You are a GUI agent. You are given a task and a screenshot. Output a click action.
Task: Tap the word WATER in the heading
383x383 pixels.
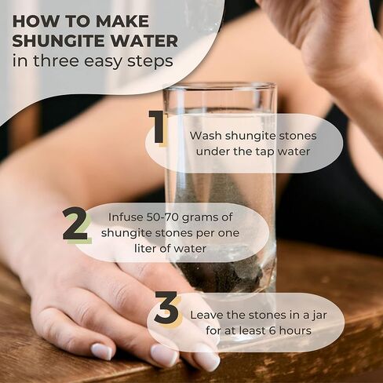139,41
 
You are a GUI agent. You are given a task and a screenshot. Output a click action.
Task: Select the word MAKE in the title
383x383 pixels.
122,21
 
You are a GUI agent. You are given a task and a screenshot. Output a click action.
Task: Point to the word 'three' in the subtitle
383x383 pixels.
56,60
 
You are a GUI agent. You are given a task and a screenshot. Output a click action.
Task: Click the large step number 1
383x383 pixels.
156,127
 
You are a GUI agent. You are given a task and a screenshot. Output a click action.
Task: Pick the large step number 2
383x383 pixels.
75,224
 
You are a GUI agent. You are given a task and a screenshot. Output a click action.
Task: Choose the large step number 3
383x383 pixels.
166,308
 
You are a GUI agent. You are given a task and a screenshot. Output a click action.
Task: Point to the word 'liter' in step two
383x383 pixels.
145,248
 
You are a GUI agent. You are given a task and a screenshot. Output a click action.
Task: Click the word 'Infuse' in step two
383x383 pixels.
126,217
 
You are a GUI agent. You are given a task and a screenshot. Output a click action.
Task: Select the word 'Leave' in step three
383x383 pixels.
206,316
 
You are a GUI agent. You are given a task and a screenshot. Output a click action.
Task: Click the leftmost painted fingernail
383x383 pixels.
102,352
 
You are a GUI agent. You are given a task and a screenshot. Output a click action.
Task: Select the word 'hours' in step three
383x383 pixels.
295,330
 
